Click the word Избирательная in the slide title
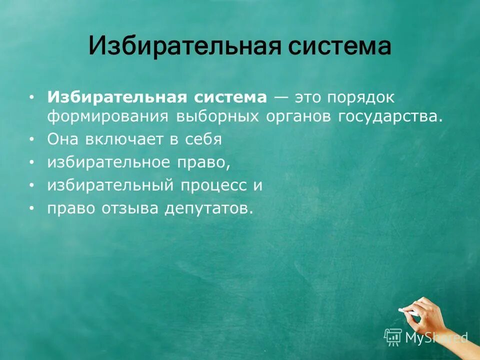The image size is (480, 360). coord(181,46)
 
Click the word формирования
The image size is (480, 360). coord(108,116)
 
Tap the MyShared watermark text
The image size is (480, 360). coord(436,338)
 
